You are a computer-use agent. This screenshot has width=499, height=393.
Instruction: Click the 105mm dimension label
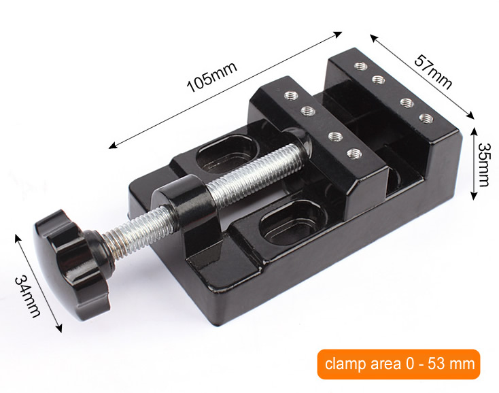point(212,77)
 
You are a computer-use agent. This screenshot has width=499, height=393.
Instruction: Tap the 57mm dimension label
point(433,72)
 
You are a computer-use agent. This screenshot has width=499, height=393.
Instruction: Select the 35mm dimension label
point(484,165)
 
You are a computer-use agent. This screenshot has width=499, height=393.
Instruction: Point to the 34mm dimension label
point(28,296)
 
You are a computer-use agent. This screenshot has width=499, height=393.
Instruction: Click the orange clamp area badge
point(398,364)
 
